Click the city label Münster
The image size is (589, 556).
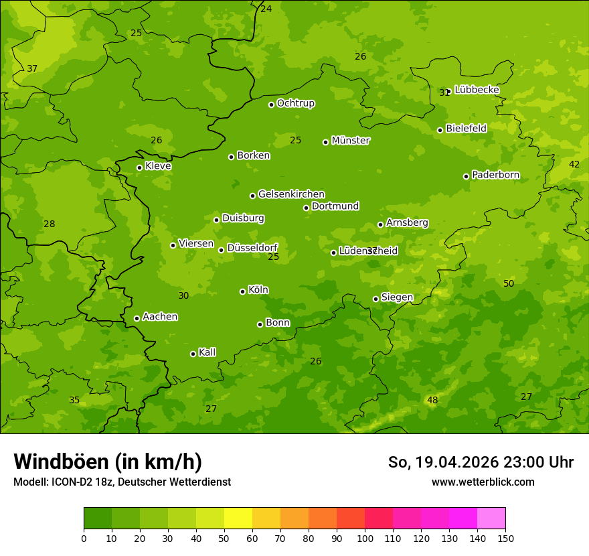351,141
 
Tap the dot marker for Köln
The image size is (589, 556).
242,291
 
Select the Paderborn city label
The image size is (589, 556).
495,175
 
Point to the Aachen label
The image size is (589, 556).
160,317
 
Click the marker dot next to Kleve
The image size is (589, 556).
139,167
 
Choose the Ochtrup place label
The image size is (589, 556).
295,103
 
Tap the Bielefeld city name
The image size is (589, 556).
466,128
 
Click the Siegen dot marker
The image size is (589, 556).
375,299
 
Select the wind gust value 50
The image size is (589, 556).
509,283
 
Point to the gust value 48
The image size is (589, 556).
432,400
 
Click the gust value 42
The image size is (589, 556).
574,164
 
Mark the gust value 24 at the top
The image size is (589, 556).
266,9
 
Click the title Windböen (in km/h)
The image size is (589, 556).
108,462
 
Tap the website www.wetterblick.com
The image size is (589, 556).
483,482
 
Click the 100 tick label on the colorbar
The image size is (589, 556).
365,538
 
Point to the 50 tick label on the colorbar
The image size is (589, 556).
224,538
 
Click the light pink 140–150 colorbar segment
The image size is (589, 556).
491,518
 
